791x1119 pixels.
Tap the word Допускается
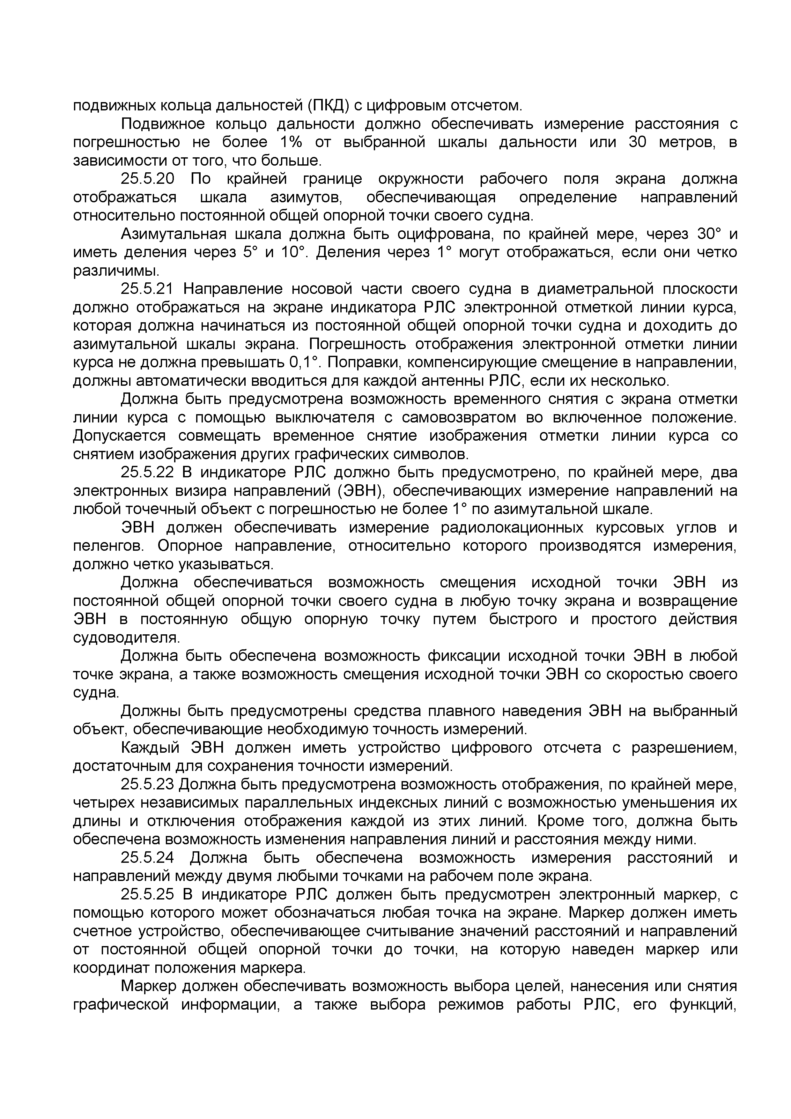tap(119, 436)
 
